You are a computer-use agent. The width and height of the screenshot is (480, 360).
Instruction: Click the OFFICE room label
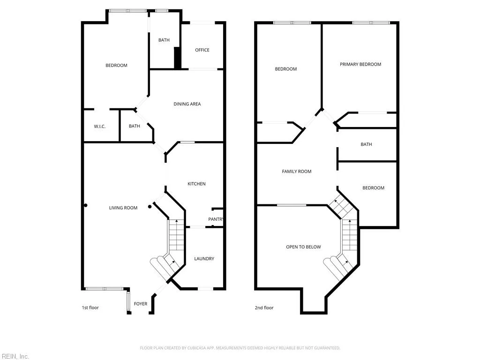click(202, 50)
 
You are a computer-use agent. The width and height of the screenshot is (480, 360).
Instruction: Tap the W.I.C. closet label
click(99, 126)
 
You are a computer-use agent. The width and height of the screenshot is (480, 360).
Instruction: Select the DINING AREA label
click(187, 104)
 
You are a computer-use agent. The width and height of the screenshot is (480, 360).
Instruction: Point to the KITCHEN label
click(196, 184)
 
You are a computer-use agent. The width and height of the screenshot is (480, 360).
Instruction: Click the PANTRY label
click(216, 219)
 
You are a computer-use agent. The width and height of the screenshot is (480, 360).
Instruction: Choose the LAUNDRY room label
click(204, 259)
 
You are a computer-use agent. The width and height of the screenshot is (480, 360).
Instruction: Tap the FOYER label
click(141, 304)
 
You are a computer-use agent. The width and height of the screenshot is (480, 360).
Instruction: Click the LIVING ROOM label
click(123, 208)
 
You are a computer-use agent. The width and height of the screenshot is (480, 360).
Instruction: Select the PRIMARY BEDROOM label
click(360, 64)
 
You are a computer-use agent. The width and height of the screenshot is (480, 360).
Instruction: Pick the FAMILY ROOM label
click(297, 172)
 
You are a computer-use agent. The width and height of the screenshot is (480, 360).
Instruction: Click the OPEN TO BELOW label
click(303, 247)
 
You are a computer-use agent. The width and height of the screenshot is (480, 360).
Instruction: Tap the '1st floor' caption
click(90, 307)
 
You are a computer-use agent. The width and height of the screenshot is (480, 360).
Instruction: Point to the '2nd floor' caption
click(264, 307)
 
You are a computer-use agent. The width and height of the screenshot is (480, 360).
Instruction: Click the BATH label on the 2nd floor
click(366, 144)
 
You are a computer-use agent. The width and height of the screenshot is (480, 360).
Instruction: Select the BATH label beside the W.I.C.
click(135, 126)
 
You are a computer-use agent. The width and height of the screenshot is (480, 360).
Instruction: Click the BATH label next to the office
click(164, 40)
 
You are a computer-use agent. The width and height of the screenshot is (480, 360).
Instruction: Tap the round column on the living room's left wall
click(85, 205)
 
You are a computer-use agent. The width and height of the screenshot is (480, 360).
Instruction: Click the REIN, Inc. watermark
click(15, 356)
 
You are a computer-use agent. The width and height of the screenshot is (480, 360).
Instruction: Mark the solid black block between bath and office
click(178, 58)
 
